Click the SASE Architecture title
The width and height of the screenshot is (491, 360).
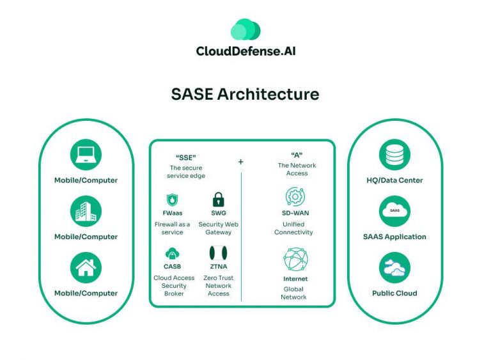pos(245,94)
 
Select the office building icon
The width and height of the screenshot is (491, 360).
pos(86,212)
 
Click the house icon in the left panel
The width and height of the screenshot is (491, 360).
pos(86,268)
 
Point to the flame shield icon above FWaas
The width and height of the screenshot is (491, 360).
pos(171,199)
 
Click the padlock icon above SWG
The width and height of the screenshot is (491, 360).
pos(218,198)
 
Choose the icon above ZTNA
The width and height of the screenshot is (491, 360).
pos(218,253)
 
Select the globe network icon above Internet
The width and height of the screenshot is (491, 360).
pos(295,260)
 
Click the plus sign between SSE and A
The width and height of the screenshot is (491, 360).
pos(241,162)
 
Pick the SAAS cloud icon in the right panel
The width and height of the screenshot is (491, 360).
pos(394,212)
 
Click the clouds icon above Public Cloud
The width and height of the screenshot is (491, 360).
pos(394,268)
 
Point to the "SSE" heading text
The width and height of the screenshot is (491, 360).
pos(185,156)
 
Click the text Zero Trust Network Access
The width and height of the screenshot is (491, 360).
pos(218,286)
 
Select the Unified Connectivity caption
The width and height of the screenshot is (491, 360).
pos(293,228)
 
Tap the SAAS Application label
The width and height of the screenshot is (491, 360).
pos(394,237)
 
